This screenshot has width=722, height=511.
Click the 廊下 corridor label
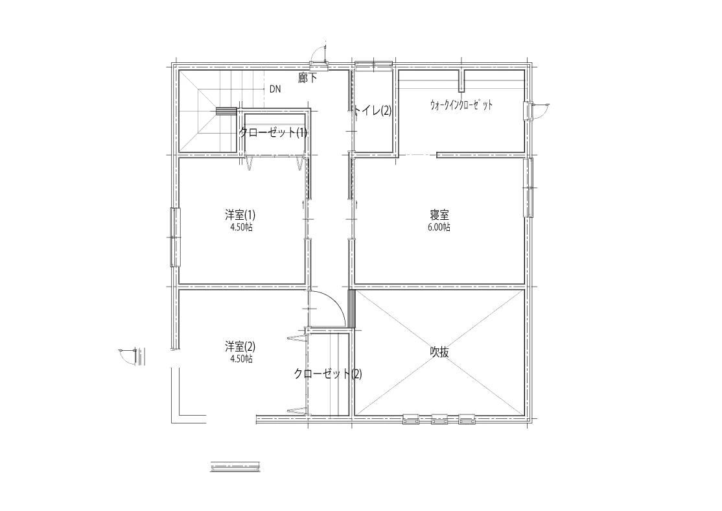coord(307,77)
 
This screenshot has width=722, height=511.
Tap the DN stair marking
coord(275,89)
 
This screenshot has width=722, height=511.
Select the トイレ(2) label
coord(372,111)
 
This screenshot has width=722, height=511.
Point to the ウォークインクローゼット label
coord(461,104)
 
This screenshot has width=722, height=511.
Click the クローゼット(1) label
coord(273,133)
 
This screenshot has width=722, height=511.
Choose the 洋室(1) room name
coord(240,215)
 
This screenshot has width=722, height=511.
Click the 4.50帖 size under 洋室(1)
coord(241,227)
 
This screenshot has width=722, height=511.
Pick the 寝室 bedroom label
coord(439,215)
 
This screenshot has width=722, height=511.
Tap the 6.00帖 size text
coord(439,227)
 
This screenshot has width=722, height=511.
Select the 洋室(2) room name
coord(240,346)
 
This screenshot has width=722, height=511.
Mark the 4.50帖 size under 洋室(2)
coord(241,359)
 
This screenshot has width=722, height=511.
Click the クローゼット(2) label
coord(328,374)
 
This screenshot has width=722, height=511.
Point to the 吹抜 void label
coord(439,353)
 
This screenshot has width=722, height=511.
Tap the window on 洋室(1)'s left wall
coord(175,237)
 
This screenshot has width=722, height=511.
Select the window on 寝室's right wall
coord(529,187)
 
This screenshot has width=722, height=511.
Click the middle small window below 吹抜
coord(439,420)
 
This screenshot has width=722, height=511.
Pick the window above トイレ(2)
coord(373,65)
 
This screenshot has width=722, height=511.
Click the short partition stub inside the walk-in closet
coord(462,80)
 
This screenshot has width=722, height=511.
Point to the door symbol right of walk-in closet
coord(535,111)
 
